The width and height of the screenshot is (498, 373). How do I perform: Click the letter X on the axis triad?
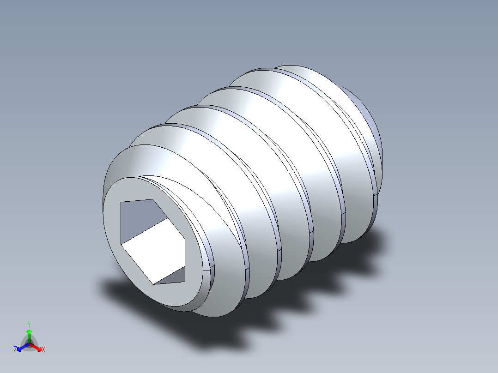[43, 350]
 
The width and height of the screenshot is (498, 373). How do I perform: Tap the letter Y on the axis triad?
[29, 325]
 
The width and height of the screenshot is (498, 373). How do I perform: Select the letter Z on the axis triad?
[15, 350]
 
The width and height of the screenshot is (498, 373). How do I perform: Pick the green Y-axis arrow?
[29, 333]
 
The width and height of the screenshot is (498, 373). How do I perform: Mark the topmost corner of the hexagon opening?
[152, 199]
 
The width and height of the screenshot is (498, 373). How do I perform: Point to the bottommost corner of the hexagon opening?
[153, 283]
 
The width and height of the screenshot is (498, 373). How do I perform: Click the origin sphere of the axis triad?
[29, 344]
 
